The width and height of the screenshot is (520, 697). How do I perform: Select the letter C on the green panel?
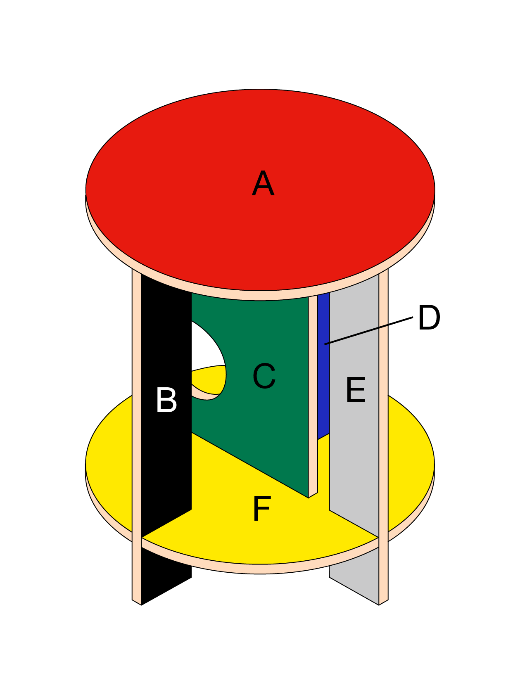pos(264,376)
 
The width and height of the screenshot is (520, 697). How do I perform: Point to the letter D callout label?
pos(429,318)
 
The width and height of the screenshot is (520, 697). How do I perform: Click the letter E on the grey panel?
pos(356,390)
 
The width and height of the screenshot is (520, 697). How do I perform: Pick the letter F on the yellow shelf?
pos(261,509)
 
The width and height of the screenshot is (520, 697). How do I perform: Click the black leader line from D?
pos(368,331)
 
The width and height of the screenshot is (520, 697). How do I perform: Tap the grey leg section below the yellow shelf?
pos(355,582)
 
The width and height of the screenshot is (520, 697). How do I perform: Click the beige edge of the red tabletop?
pos(260,295)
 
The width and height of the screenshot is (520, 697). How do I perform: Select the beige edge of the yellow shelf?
pos(260,569)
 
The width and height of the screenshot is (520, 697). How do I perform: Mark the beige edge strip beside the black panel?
pos(136,413)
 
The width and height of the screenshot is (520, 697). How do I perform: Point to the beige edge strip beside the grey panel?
pos(384,413)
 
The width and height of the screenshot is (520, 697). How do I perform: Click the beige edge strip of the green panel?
pos(313,392)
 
